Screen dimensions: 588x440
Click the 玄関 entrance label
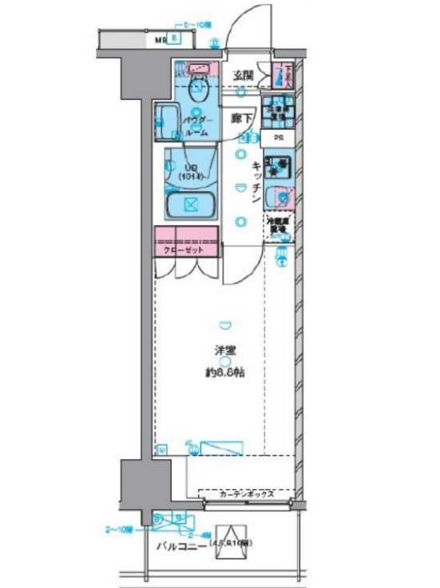click(244, 76)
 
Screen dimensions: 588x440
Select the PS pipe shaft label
click(277, 137)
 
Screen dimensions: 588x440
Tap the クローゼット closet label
click(185, 250)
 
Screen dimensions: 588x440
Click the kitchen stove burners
click(278, 168)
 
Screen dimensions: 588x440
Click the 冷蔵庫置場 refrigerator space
click(279, 225)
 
